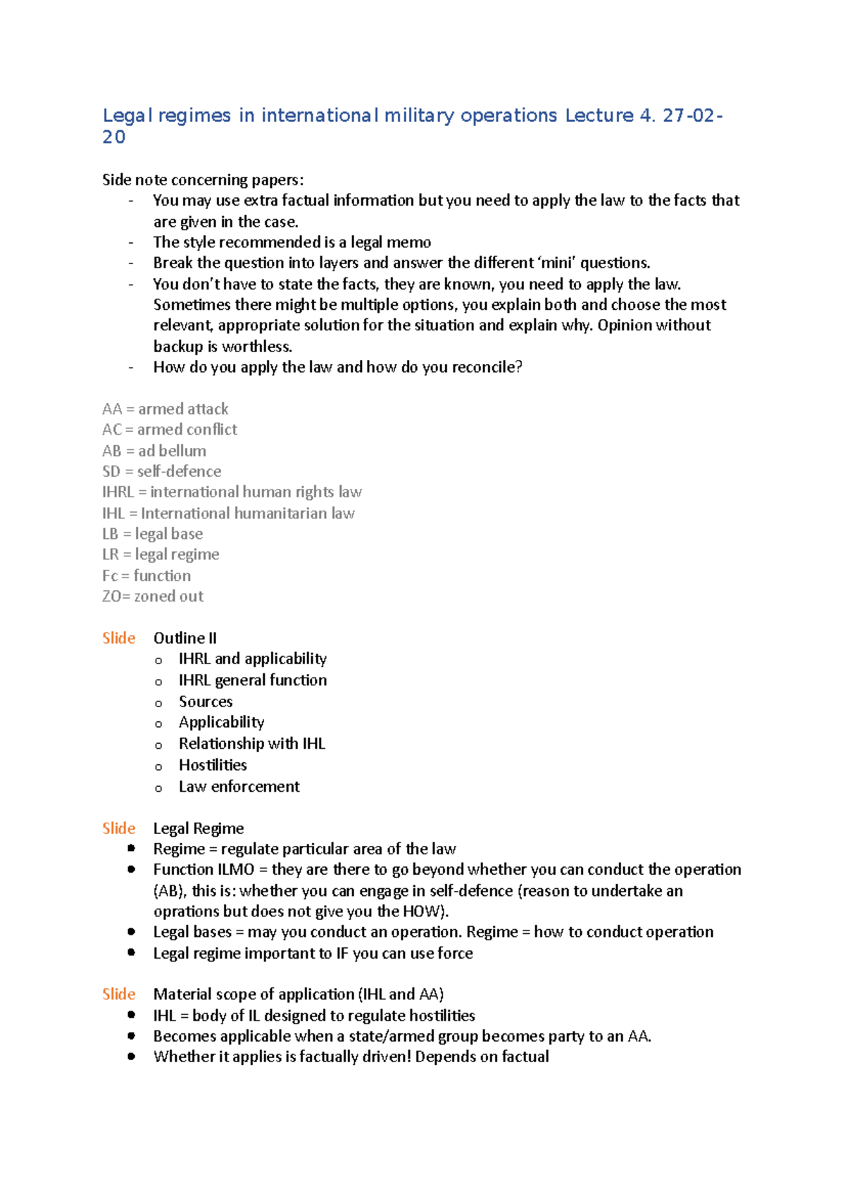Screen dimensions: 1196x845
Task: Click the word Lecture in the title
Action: (x=599, y=116)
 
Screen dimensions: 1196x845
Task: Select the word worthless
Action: (x=256, y=347)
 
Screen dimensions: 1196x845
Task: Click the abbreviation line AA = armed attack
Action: (x=165, y=409)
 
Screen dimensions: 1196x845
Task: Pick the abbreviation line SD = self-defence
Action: (x=162, y=471)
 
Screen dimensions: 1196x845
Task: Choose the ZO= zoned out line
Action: (x=153, y=597)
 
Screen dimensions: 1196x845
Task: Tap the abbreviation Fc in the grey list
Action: (x=110, y=576)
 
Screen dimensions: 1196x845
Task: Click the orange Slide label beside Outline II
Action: (x=118, y=638)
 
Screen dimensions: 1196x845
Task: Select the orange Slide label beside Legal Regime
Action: (x=118, y=828)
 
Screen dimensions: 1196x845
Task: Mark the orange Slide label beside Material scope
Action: (x=118, y=995)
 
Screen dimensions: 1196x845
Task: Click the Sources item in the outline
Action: (x=206, y=702)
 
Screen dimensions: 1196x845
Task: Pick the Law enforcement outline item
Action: (x=239, y=787)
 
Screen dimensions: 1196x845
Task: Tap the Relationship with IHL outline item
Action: (x=252, y=744)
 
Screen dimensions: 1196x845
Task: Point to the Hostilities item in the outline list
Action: (x=213, y=765)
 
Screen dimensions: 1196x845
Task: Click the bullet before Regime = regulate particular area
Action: (x=131, y=849)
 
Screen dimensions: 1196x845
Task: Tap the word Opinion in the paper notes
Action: (x=625, y=325)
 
